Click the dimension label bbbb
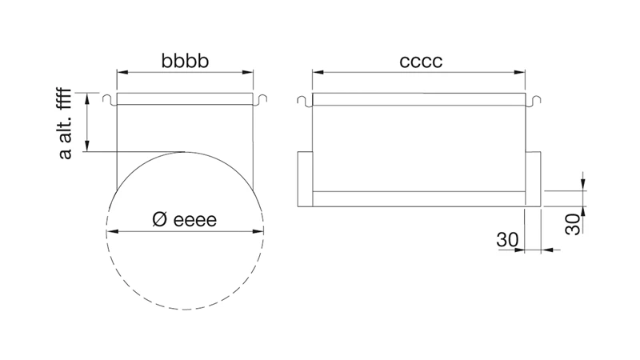pyautogui.click(x=185, y=61)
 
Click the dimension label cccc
pyautogui.click(x=421, y=62)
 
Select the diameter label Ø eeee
pyautogui.click(x=185, y=219)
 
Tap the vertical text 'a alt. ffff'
pyautogui.click(x=66, y=123)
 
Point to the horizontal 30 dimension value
pyautogui.click(x=507, y=240)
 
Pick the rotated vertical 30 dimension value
pyautogui.click(x=573, y=224)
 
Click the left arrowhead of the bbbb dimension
pyautogui.click(x=123, y=72)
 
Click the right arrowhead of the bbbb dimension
pyautogui.click(x=247, y=72)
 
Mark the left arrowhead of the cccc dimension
pyautogui.click(x=318, y=72)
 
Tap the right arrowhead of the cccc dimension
pyautogui.click(x=519, y=72)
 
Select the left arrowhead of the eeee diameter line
pyautogui.click(x=112, y=231)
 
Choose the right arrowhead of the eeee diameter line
pyautogui.click(x=258, y=231)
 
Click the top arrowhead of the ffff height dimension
pyautogui.click(x=87, y=98)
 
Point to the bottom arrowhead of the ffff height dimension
pyautogui.click(x=87, y=146)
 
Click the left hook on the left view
pyautogui.click(x=109, y=100)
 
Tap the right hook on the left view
pyautogui.click(x=261, y=100)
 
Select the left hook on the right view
pyautogui.click(x=305, y=102)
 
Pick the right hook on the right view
pyautogui.click(x=534, y=102)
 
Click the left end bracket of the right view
pyautogui.click(x=305, y=178)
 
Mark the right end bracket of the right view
pyautogui.click(x=533, y=178)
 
